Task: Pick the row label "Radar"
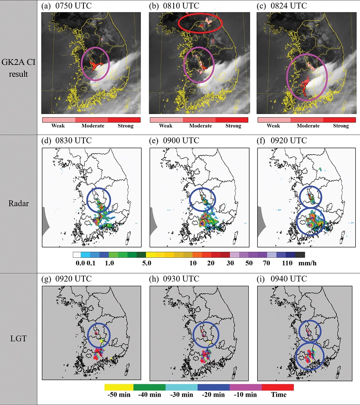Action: pos(19,202)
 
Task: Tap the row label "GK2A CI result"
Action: pos(19,67)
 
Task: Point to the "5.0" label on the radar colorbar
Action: pos(147,262)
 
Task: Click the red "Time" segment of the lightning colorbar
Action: pos(277,386)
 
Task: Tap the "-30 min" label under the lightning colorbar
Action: pos(182,395)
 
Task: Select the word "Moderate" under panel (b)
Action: pos(200,126)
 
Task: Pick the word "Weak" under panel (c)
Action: pos(274,126)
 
